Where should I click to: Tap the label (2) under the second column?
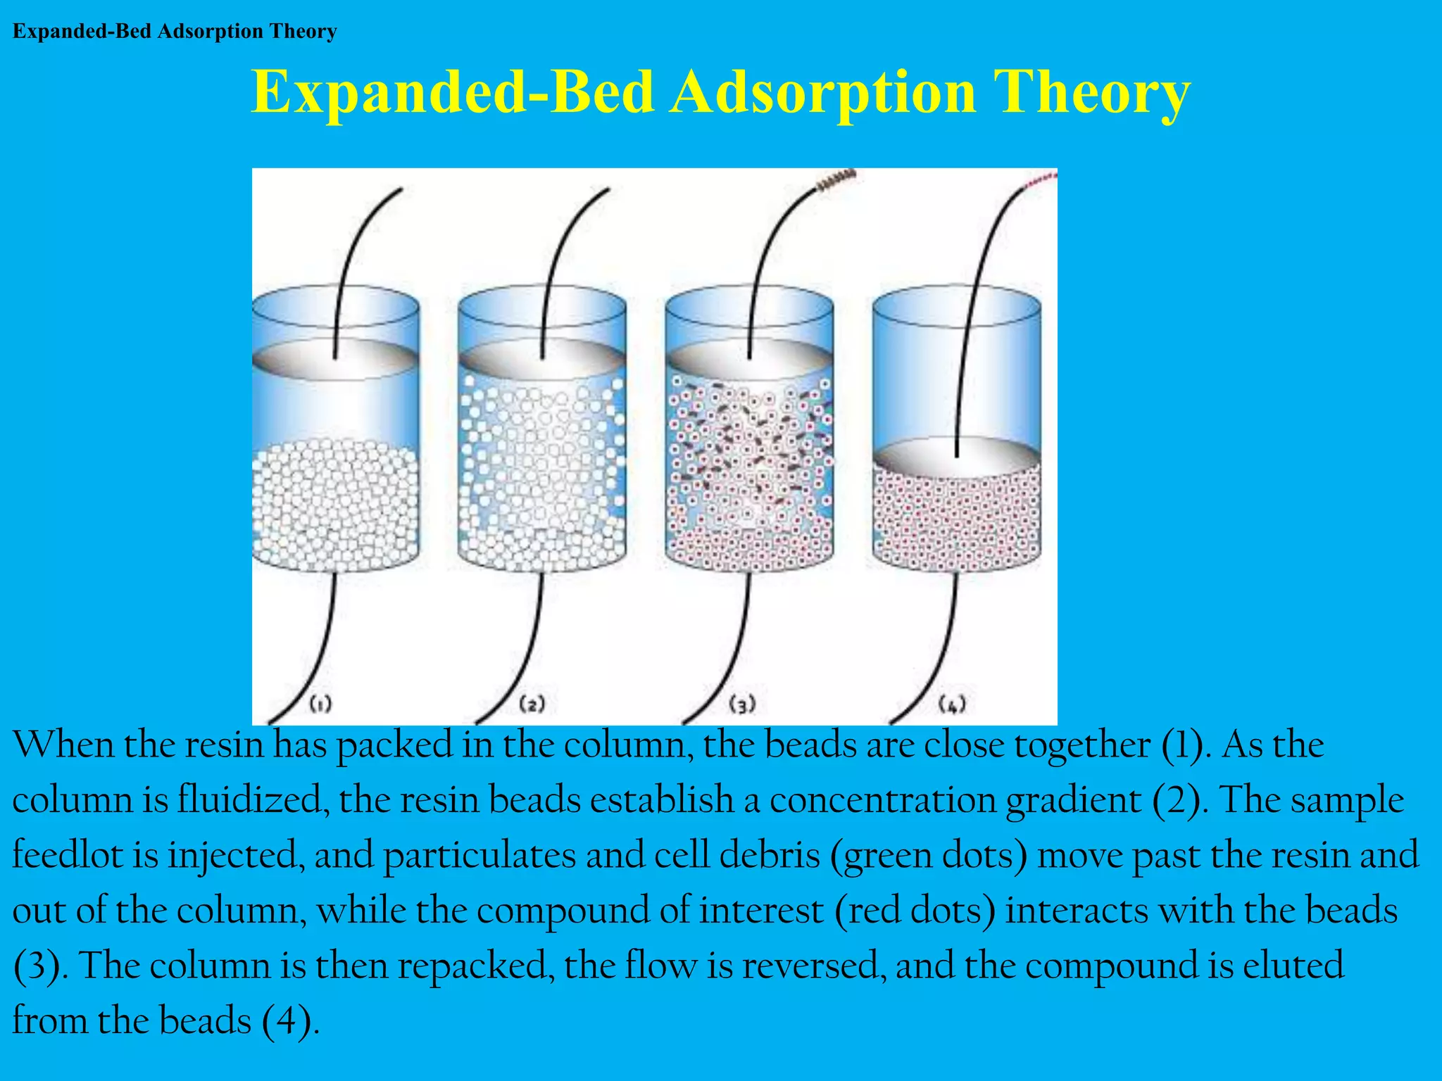(x=532, y=704)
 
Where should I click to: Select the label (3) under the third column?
(x=742, y=704)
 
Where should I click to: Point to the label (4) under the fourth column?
(x=952, y=704)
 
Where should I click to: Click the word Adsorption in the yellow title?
(x=822, y=93)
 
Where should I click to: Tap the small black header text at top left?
(x=175, y=32)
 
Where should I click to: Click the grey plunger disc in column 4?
(x=956, y=458)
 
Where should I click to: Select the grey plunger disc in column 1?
(x=335, y=360)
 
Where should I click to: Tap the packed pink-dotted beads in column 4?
(x=956, y=521)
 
